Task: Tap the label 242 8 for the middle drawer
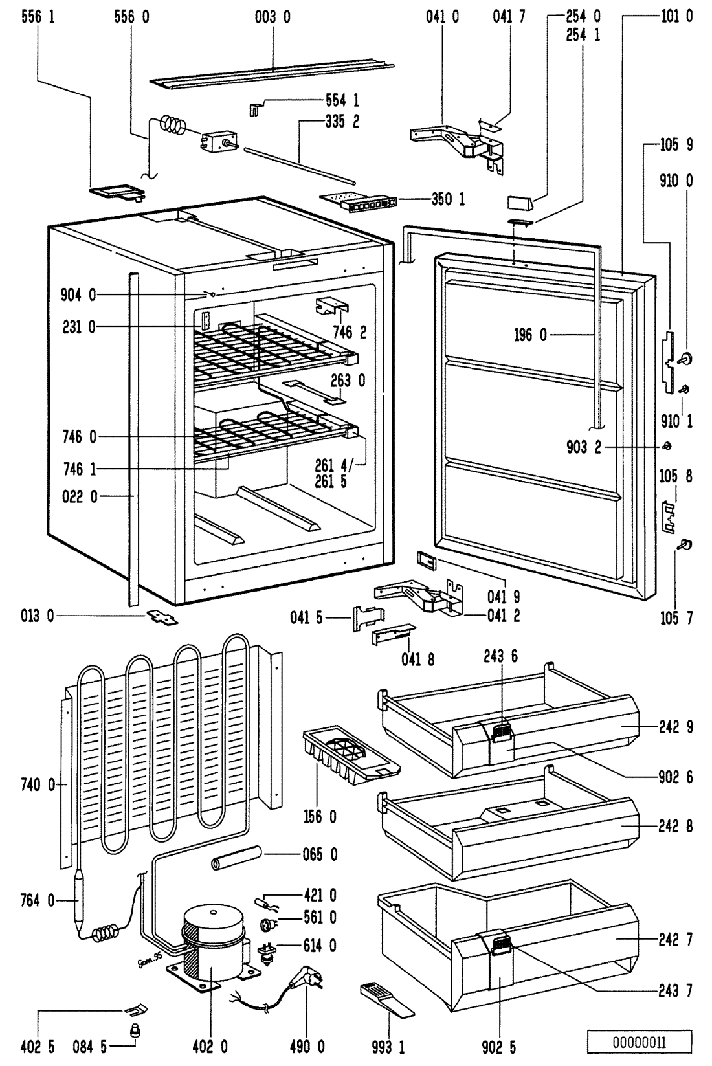[676, 827]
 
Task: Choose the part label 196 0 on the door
[530, 335]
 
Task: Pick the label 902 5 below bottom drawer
[500, 1047]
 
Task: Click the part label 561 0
[320, 918]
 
